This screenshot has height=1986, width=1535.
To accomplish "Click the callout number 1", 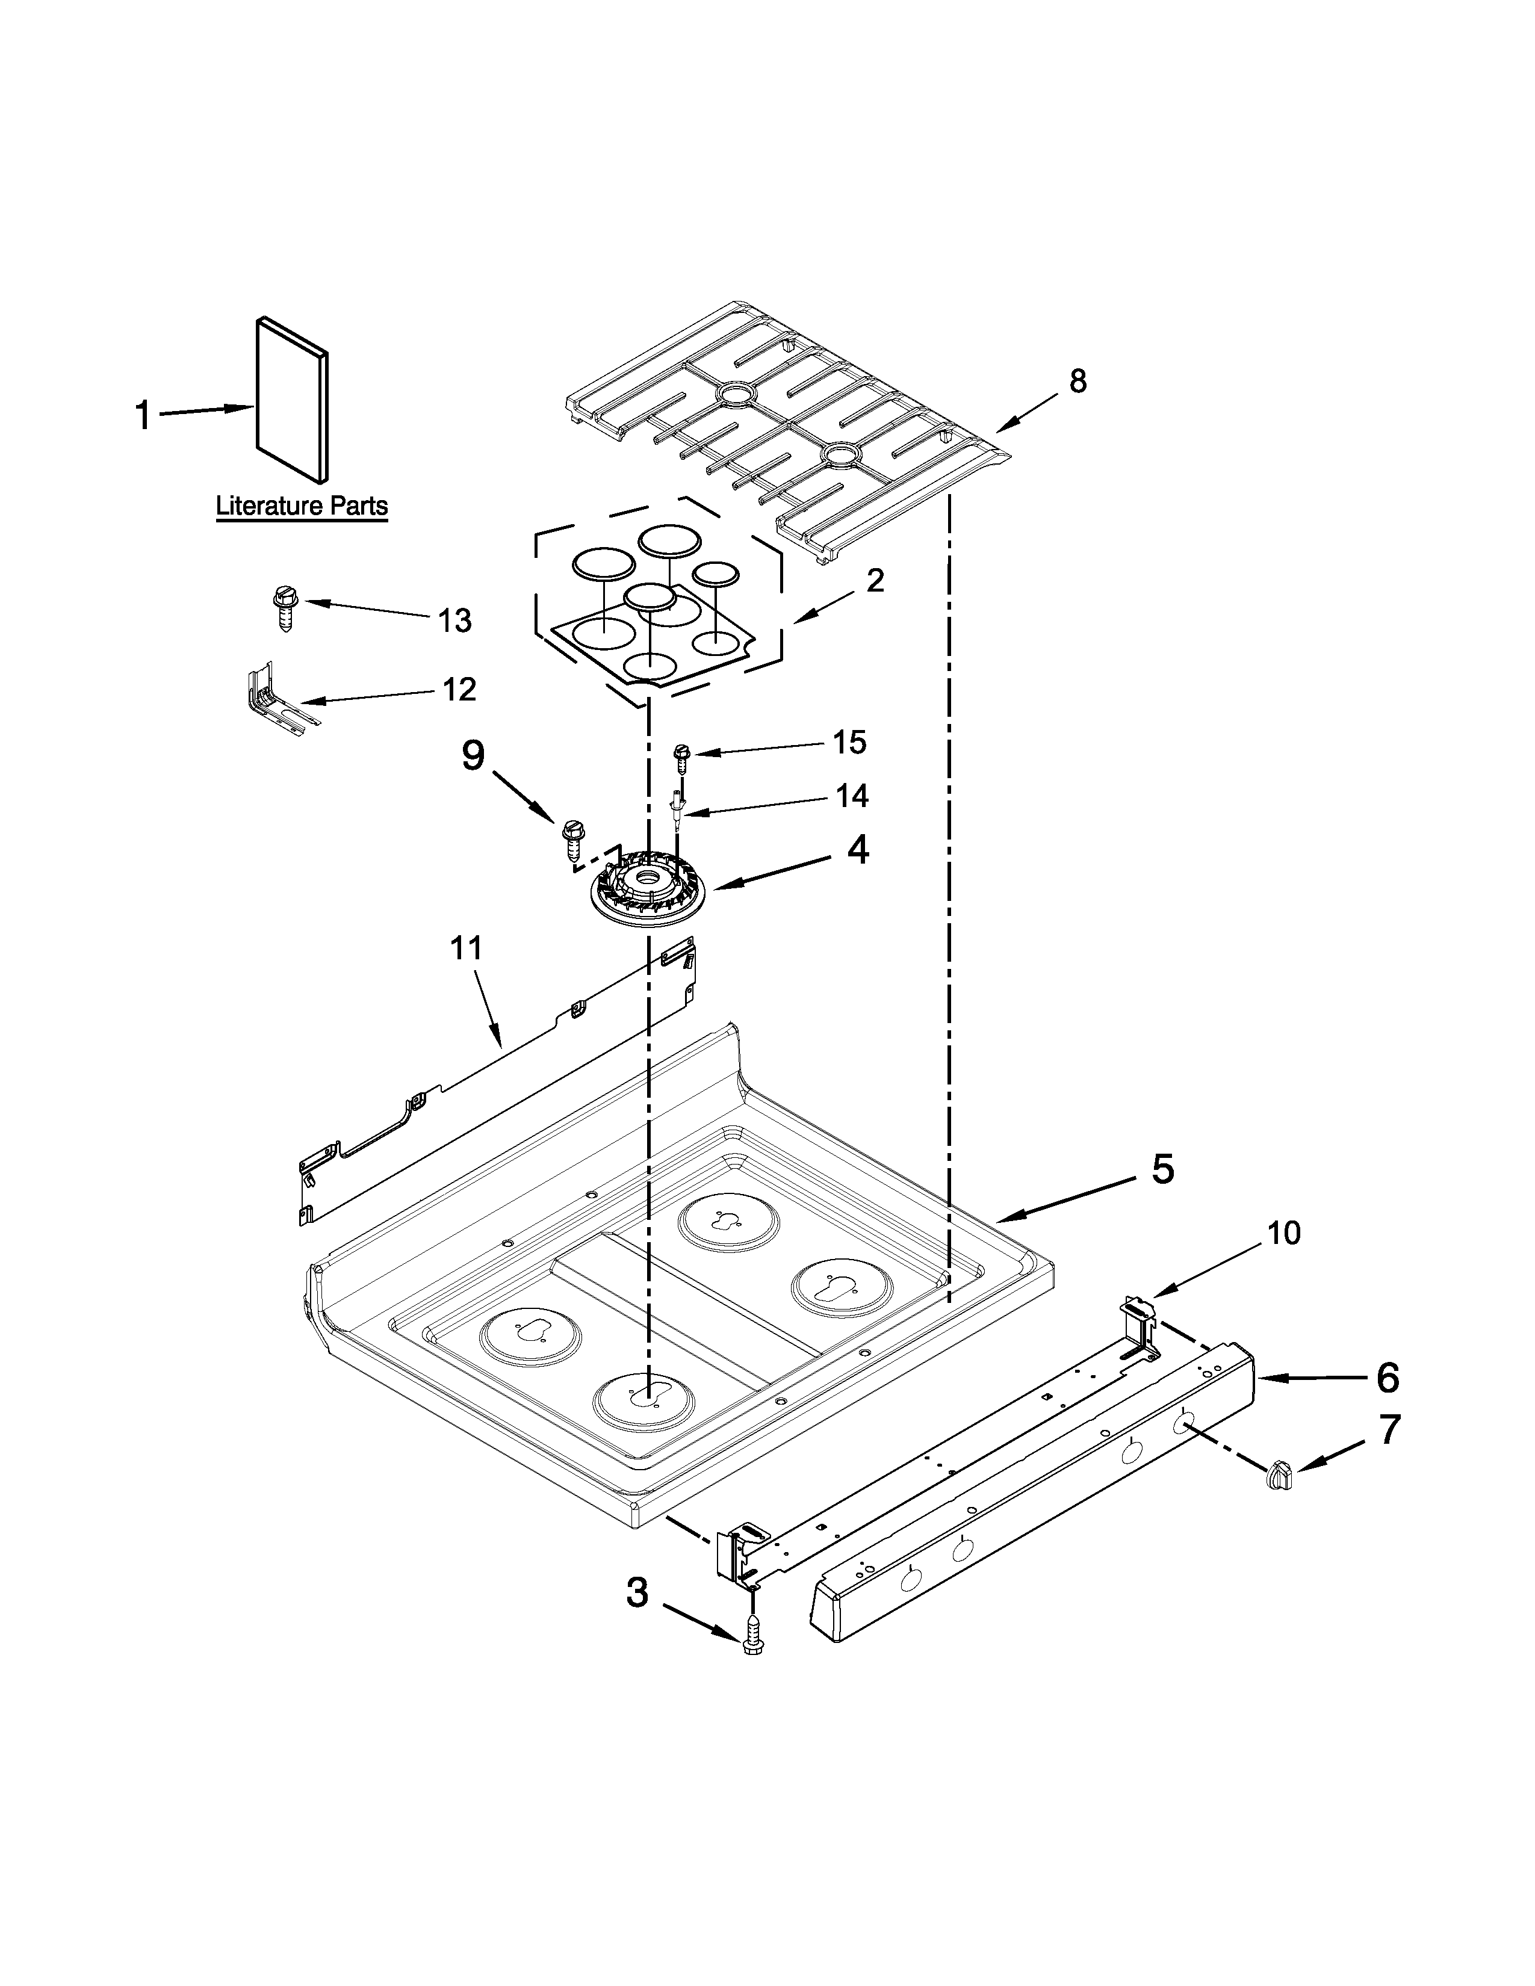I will tap(142, 416).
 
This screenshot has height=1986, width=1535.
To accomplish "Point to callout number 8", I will tap(1077, 381).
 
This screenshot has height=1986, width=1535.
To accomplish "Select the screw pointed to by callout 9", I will tap(573, 838).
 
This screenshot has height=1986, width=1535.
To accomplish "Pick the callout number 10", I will tap(1284, 1233).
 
